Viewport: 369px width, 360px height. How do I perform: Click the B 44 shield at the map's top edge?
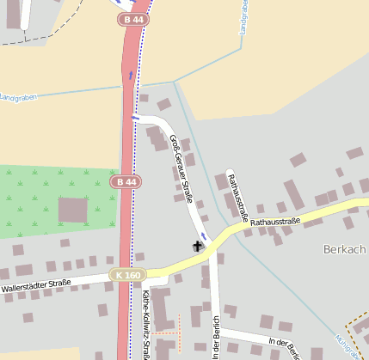coord(132,19)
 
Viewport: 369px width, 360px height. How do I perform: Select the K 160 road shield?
coord(126,275)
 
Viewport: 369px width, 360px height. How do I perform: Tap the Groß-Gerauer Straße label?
coord(181,168)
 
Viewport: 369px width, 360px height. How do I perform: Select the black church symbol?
coord(198,247)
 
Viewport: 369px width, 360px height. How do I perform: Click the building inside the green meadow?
coord(72,210)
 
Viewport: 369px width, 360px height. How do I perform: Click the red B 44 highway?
coord(126,129)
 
